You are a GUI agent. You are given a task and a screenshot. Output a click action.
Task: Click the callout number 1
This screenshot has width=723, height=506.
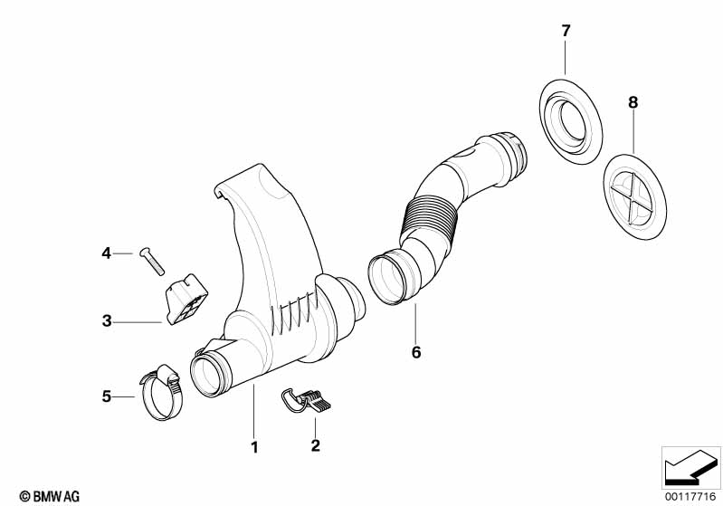point(254,447)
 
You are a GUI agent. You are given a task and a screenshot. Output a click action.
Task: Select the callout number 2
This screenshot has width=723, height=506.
point(315,445)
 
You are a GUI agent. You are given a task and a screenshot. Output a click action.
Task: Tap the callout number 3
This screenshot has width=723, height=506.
point(106,320)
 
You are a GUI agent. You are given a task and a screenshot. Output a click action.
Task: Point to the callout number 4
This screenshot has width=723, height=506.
point(106,253)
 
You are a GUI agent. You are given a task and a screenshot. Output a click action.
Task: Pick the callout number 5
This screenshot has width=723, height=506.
point(106,396)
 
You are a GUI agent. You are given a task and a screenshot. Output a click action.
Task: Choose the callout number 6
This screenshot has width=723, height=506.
point(416,352)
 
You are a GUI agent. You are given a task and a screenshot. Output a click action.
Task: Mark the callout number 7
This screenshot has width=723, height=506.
point(566,31)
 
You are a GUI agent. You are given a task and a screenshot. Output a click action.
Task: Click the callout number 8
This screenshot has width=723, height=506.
point(633,103)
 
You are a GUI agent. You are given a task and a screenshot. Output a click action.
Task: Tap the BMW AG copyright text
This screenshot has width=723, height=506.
point(43,495)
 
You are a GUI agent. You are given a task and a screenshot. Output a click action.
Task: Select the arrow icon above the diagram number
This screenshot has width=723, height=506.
point(692,467)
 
